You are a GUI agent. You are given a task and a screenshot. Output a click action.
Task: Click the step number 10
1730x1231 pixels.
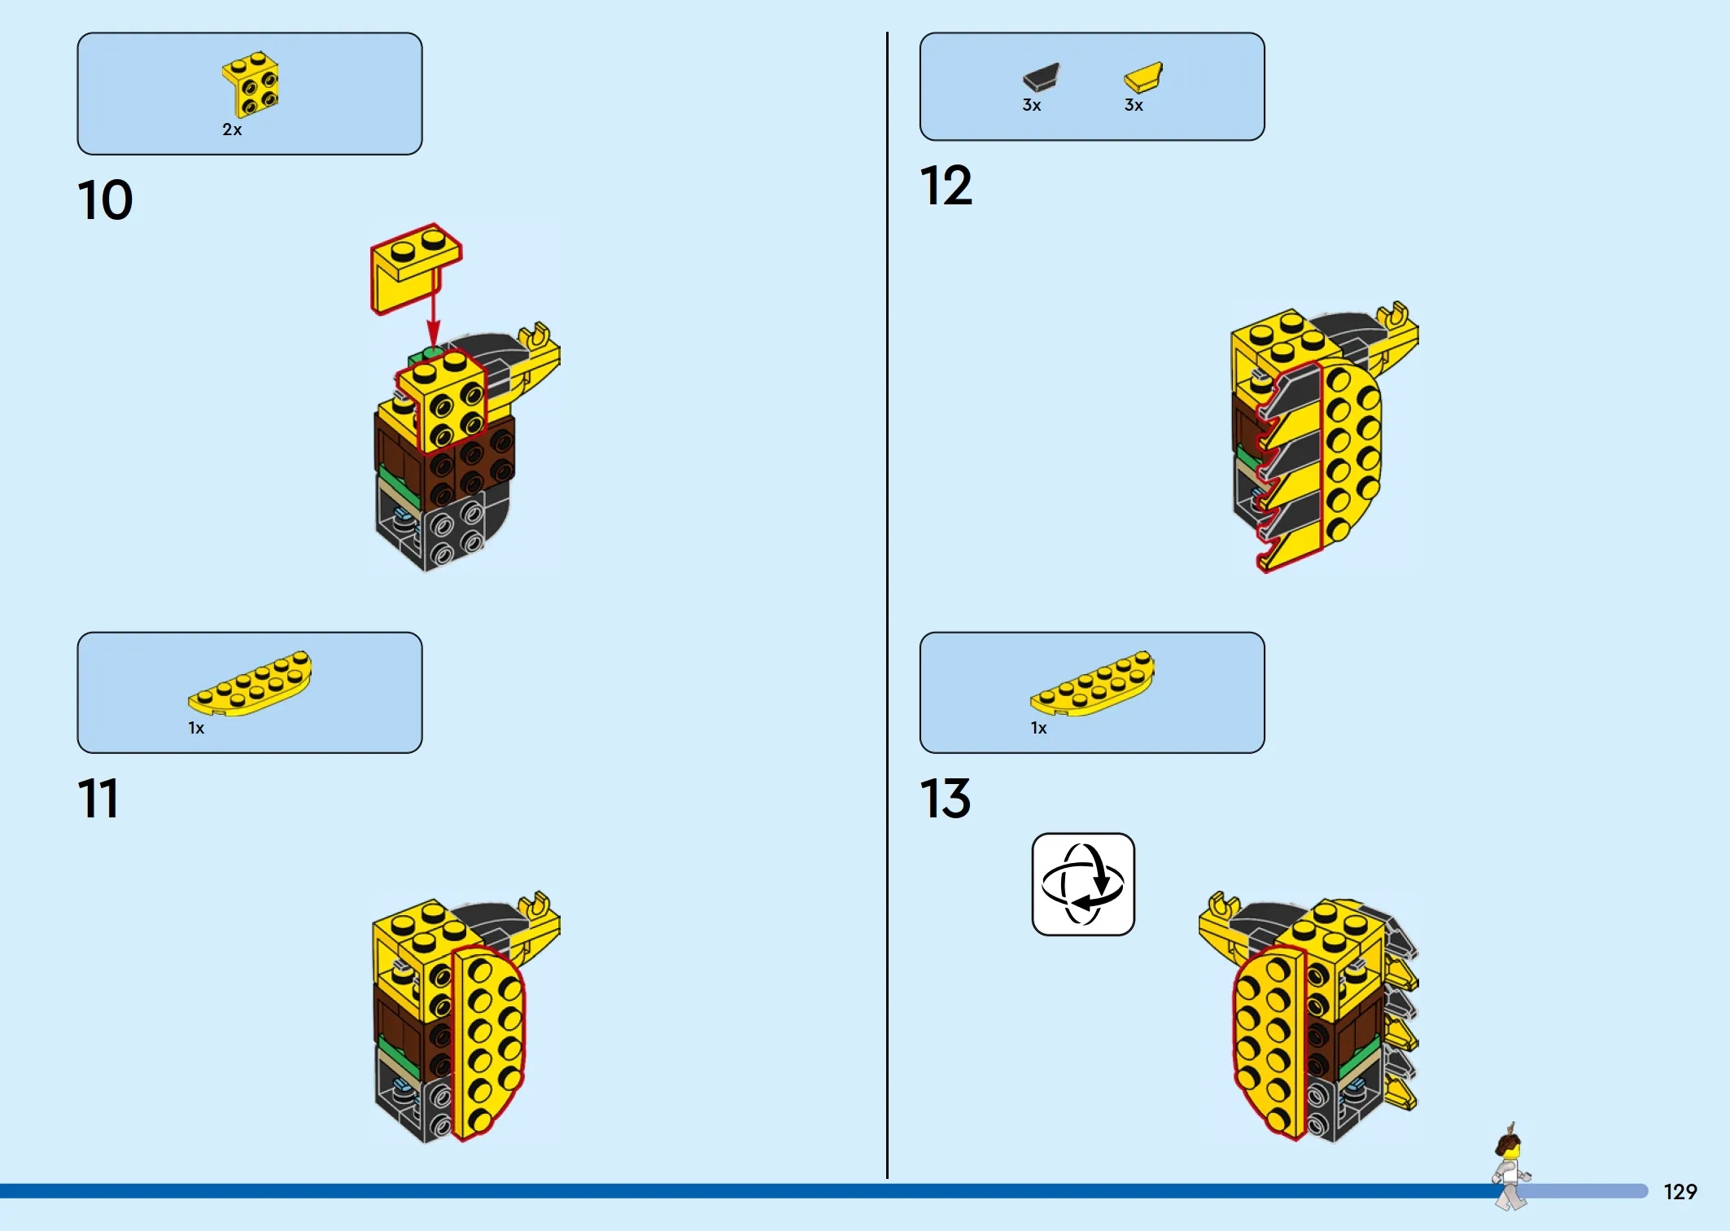tap(105, 200)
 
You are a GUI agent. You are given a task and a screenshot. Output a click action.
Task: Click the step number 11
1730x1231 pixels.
tap(98, 798)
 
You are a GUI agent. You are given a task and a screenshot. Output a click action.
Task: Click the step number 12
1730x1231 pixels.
tap(946, 186)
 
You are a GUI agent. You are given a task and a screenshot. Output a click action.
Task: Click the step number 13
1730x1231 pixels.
tap(946, 798)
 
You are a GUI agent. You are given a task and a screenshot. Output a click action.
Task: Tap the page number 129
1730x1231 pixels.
tap(1680, 1192)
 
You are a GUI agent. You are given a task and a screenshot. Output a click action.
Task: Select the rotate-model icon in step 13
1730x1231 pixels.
tap(1083, 884)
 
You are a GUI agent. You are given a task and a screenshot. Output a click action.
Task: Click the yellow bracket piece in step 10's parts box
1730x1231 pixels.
tap(251, 85)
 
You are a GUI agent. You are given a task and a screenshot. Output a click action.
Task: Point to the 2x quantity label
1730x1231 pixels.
tap(232, 129)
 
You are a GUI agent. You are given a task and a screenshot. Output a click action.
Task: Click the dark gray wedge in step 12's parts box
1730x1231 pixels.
tap(1042, 77)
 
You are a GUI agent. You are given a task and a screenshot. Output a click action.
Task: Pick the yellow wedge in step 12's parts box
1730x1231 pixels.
tap(1143, 77)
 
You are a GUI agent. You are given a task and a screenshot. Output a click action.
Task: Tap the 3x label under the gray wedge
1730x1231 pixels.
tap(1032, 105)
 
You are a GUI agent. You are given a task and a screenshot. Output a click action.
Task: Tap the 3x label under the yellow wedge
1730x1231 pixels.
tap(1134, 105)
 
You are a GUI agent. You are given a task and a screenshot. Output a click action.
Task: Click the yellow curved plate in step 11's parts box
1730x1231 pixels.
tap(250, 684)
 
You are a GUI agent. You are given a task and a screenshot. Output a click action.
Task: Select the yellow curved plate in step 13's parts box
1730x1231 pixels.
tap(1092, 684)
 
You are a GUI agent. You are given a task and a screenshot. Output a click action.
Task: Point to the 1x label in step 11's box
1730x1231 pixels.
tap(196, 728)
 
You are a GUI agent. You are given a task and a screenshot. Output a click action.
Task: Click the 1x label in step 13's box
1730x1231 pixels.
tap(1039, 728)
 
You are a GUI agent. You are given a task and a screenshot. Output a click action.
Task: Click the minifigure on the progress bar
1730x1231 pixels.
tap(1510, 1167)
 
